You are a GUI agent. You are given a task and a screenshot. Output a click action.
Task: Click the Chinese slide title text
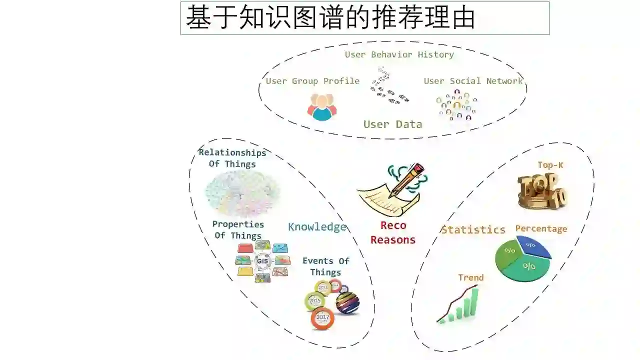click(330, 18)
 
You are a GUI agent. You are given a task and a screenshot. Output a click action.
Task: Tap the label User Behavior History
click(399, 54)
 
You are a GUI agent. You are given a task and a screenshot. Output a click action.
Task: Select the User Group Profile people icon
click(321, 107)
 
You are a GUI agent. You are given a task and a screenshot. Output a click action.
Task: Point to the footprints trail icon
click(388, 86)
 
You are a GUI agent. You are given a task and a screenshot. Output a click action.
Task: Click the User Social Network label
click(473, 81)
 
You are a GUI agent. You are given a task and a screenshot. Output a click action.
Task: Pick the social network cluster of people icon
click(456, 105)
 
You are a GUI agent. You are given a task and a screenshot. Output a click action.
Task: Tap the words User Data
click(392, 124)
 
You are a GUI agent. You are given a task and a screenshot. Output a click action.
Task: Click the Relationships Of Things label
click(232, 158)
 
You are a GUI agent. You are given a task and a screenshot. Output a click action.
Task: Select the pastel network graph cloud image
click(242, 193)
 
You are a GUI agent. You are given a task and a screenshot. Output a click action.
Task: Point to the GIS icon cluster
click(262, 261)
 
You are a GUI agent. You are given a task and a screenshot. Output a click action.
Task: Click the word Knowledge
click(317, 227)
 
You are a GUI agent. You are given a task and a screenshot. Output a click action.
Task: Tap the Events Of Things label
click(325, 266)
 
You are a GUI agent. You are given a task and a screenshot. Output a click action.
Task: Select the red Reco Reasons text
click(393, 232)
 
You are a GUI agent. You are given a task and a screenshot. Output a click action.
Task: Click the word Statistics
click(473, 229)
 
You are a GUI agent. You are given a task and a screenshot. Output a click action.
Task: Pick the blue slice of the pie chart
click(533, 246)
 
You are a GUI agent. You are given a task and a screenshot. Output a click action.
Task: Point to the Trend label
click(470, 277)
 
